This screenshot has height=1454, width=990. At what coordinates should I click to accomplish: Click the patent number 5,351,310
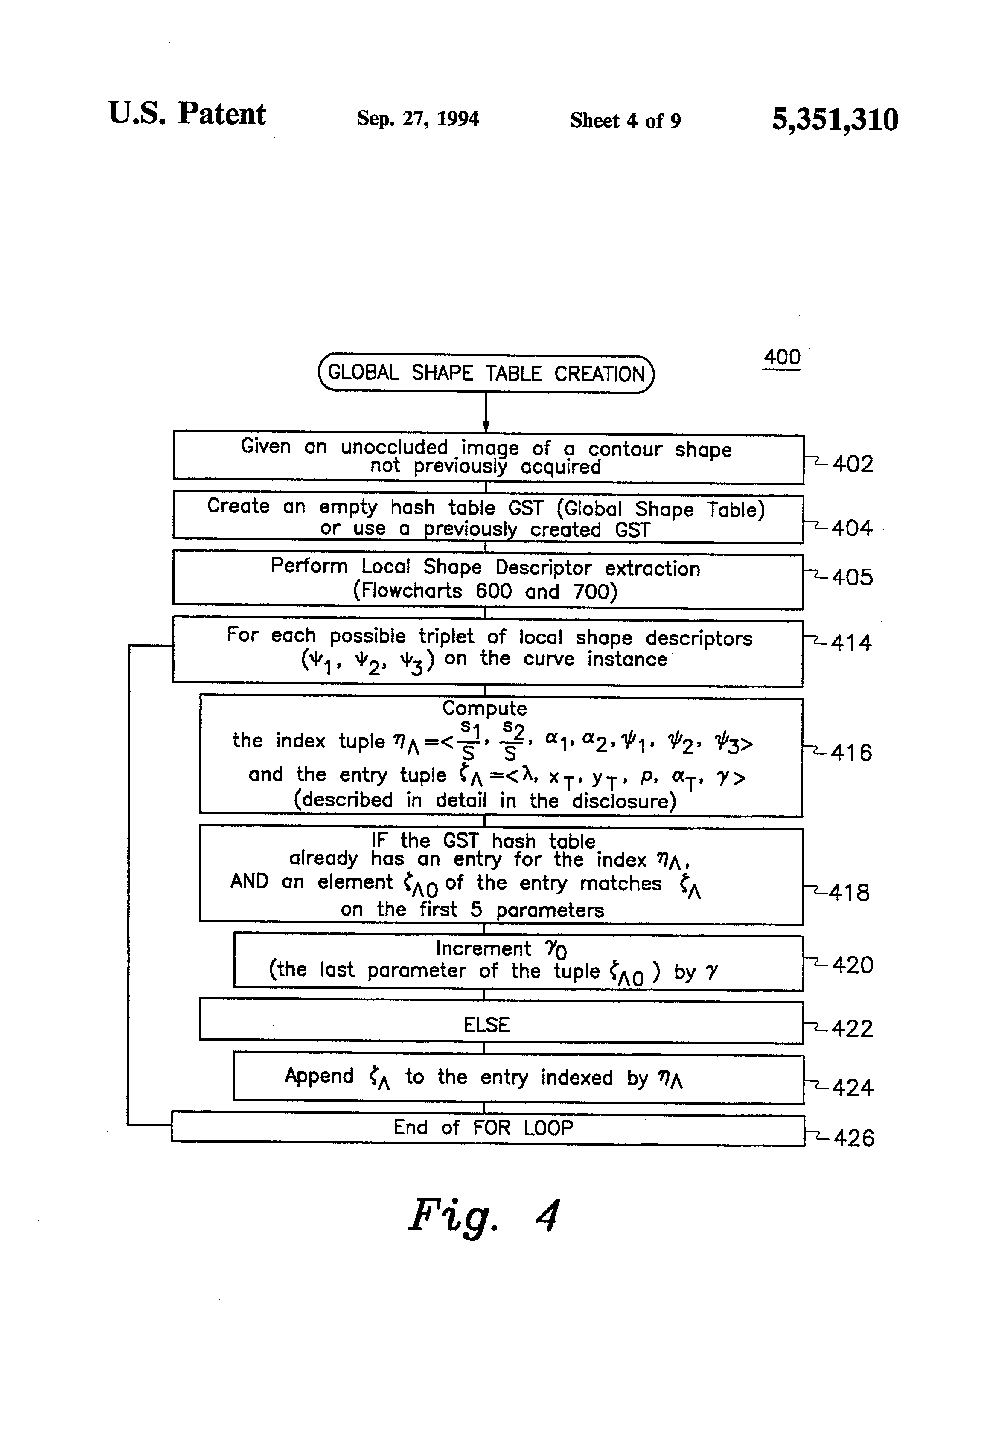(834, 119)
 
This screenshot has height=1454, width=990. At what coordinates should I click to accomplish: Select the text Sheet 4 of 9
(625, 120)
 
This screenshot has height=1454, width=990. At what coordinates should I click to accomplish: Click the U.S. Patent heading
(187, 114)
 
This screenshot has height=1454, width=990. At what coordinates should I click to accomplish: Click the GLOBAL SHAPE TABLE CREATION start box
(486, 373)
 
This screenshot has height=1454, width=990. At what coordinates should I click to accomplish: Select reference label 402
(852, 464)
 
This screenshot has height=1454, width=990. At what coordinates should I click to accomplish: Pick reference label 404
(852, 528)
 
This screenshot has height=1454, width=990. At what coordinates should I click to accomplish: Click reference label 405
(852, 577)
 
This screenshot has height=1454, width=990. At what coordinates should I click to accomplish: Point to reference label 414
(851, 643)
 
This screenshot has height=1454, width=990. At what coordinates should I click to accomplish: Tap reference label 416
(851, 752)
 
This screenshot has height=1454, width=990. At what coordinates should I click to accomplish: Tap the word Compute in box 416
(484, 708)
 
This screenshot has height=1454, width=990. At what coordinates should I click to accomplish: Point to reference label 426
(853, 1138)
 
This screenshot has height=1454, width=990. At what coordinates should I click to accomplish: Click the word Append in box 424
(319, 1076)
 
